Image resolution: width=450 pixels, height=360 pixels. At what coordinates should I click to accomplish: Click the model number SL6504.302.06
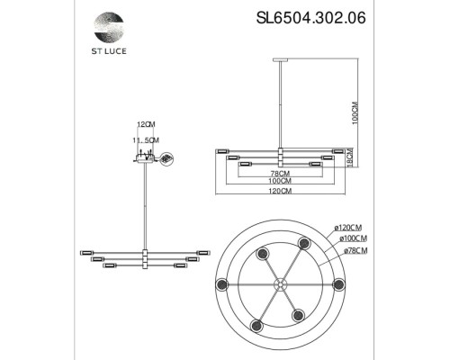click(x=310, y=18)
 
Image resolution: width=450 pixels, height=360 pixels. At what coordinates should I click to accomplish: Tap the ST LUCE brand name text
click(x=109, y=51)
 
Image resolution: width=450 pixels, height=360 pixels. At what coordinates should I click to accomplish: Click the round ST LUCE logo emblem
click(x=109, y=27)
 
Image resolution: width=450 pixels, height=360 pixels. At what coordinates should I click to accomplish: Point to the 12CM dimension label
click(x=146, y=124)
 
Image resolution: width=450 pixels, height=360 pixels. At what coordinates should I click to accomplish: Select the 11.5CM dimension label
click(x=146, y=140)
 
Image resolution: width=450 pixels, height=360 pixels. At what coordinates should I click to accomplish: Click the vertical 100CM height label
click(x=355, y=112)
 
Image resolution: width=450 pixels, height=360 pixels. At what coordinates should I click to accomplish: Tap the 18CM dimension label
click(x=355, y=157)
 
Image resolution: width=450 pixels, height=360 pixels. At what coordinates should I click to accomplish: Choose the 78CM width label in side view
click(x=280, y=174)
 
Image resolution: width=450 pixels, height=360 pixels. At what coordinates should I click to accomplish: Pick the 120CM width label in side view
click(x=280, y=191)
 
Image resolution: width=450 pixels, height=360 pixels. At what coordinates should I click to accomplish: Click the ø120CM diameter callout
click(x=348, y=228)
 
